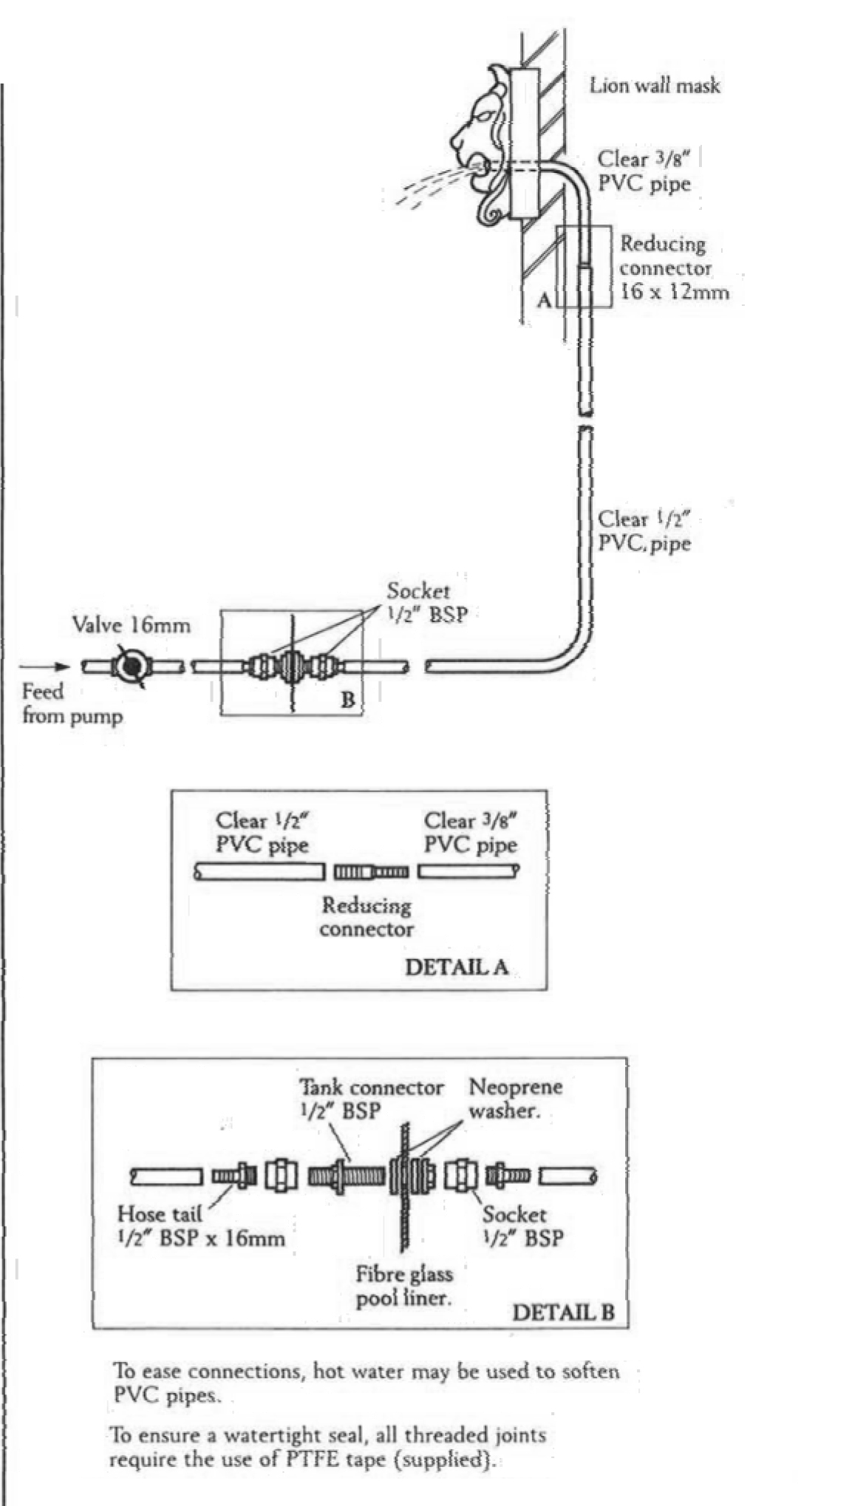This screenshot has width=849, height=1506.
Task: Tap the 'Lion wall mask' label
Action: pyautogui.click(x=654, y=86)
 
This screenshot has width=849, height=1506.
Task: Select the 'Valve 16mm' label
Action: pyautogui.click(x=131, y=625)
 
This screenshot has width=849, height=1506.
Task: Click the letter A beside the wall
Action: pyautogui.click(x=545, y=299)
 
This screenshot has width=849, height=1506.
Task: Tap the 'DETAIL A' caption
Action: pyautogui.click(x=457, y=967)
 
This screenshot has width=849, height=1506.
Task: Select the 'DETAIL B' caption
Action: pyautogui.click(x=563, y=1312)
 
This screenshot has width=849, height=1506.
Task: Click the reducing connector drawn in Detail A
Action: pyautogui.click(x=371, y=872)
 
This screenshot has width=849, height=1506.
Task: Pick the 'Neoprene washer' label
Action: pyautogui.click(x=516, y=1098)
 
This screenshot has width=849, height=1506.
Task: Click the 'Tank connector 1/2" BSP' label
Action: pyautogui.click(x=371, y=1098)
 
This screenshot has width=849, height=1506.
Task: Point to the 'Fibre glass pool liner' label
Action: pyautogui.click(x=403, y=1286)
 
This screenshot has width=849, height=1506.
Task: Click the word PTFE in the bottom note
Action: pyautogui.click(x=310, y=1460)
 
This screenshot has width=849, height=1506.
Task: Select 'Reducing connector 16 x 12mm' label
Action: pyautogui.click(x=673, y=268)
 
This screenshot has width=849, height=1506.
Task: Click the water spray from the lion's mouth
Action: pyautogui.click(x=429, y=185)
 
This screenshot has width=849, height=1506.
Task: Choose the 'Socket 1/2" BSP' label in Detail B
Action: pyautogui.click(x=523, y=1226)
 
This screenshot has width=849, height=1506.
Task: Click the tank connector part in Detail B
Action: pyautogui.click(x=345, y=1176)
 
